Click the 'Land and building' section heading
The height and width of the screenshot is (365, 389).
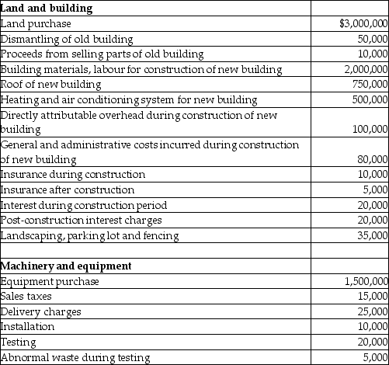[x=46, y=9]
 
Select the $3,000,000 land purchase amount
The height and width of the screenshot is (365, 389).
[x=363, y=24]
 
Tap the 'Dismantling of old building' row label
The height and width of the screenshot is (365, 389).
[x=67, y=39]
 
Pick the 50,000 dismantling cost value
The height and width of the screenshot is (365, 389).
[x=372, y=39]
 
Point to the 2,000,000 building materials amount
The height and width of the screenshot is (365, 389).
[x=366, y=69]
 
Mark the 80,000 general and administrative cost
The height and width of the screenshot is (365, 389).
[x=372, y=159]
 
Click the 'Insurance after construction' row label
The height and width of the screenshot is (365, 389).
[x=68, y=189]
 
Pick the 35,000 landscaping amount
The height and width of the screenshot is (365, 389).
[x=372, y=235]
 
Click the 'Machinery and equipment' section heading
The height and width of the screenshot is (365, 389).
[x=66, y=266]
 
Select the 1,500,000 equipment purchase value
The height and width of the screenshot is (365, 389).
[x=366, y=281]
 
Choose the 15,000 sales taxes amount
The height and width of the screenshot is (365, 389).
[x=372, y=296]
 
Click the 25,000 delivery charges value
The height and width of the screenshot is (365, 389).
[x=372, y=311]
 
